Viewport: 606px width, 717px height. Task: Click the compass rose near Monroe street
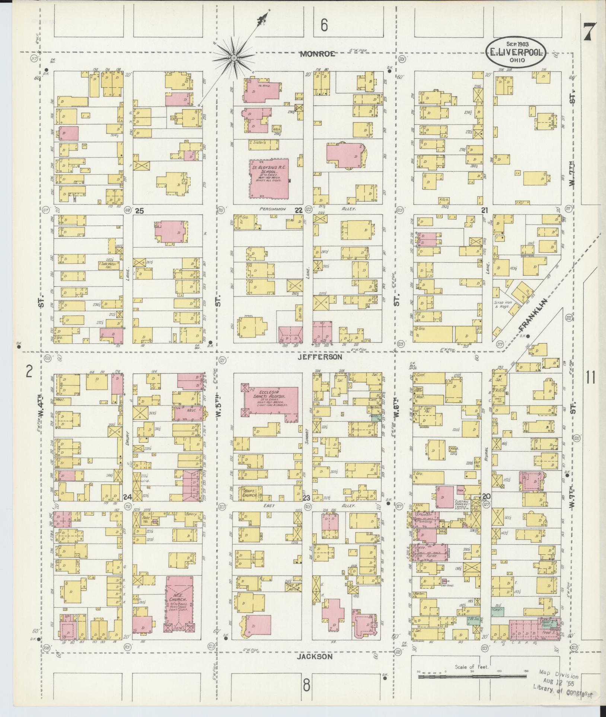233,58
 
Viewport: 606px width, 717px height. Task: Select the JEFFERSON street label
320,357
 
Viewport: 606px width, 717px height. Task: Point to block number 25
139,211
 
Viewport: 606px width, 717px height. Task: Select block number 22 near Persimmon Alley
298,211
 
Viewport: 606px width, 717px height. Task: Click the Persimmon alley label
273,209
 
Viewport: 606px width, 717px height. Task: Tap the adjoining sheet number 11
590,377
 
